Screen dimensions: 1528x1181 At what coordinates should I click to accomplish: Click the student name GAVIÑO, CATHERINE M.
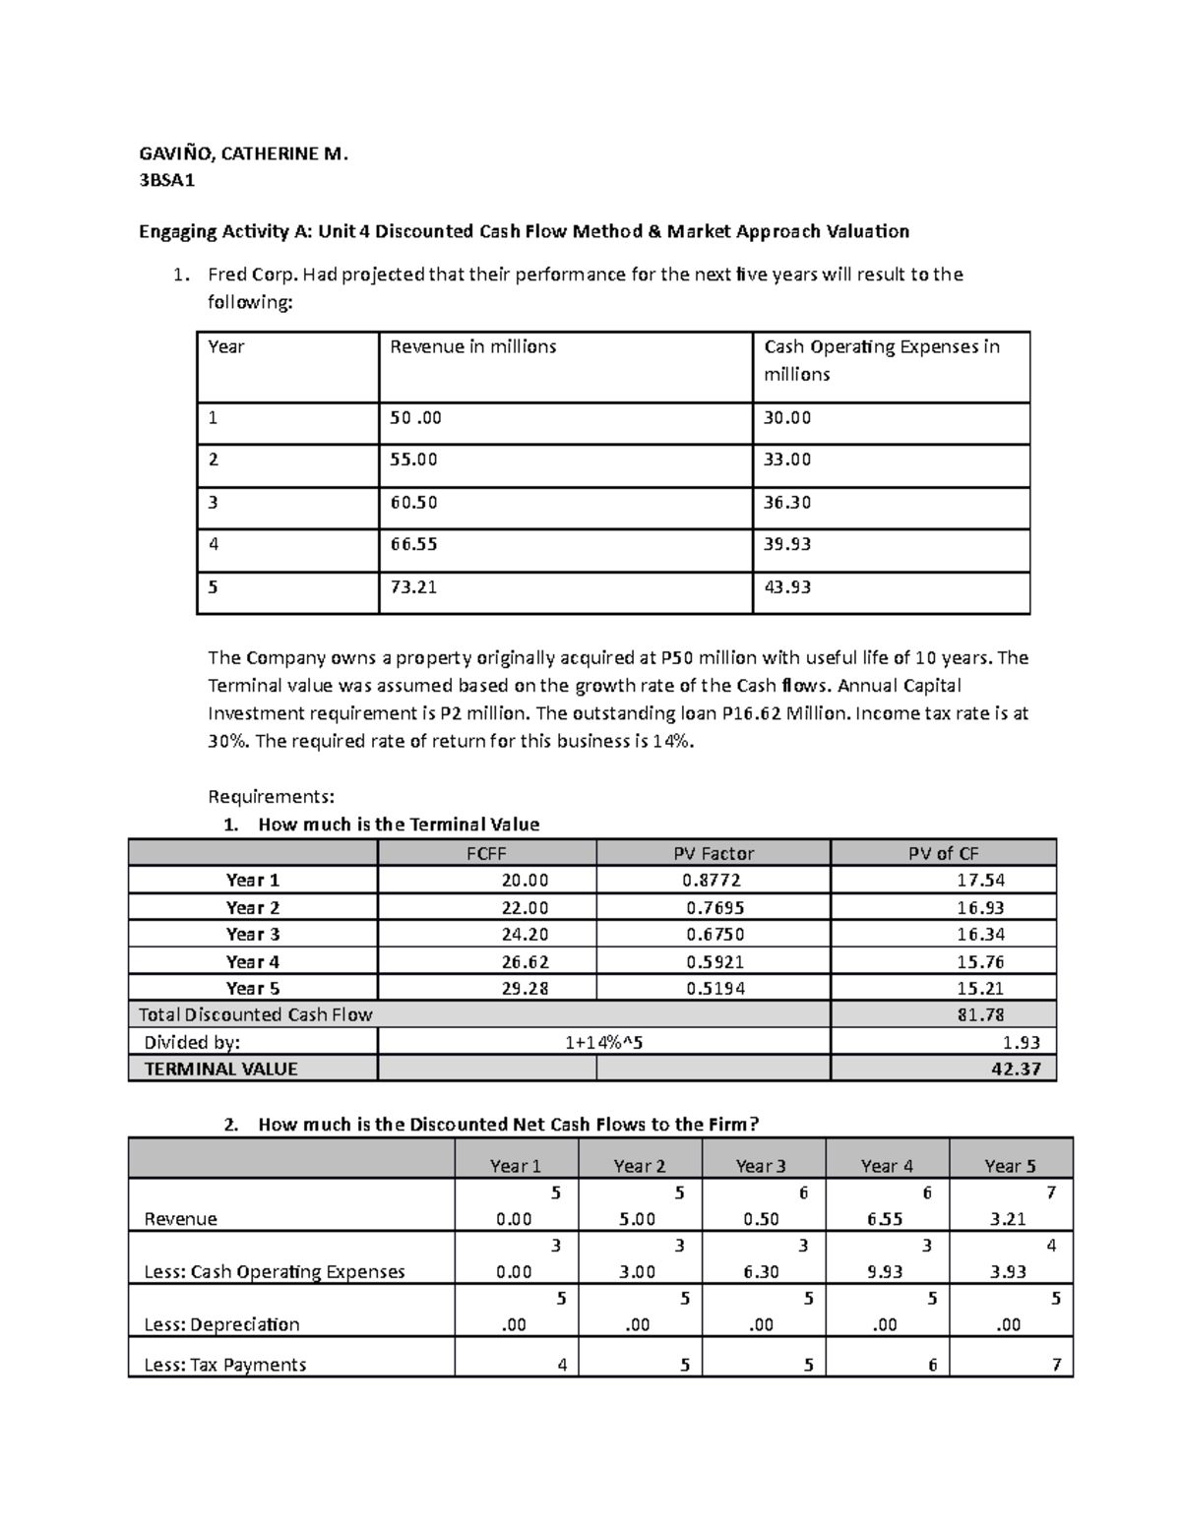click(x=243, y=153)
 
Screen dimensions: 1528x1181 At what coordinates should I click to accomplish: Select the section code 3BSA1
click(x=167, y=181)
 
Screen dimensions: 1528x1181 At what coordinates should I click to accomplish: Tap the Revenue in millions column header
click(x=473, y=347)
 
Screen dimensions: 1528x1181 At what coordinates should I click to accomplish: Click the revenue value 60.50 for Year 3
click(x=413, y=503)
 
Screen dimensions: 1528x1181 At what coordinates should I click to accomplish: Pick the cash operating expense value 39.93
click(x=787, y=545)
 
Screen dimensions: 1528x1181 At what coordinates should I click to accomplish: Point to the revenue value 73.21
click(x=413, y=587)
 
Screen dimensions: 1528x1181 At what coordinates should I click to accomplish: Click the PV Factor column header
click(x=713, y=853)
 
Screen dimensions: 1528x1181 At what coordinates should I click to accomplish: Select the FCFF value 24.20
click(x=525, y=935)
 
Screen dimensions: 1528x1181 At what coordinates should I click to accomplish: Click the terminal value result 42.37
click(x=1016, y=1069)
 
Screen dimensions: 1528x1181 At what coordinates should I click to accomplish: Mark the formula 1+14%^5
click(x=603, y=1042)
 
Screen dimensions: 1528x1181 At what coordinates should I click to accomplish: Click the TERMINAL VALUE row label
click(x=220, y=1069)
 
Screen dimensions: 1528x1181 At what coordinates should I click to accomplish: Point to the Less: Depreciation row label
click(x=221, y=1324)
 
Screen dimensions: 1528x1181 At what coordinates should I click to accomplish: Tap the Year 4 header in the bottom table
click(x=887, y=1166)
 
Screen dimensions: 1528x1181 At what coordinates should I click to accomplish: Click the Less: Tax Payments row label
click(x=225, y=1365)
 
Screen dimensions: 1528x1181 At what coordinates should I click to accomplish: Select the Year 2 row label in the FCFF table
click(x=253, y=907)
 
